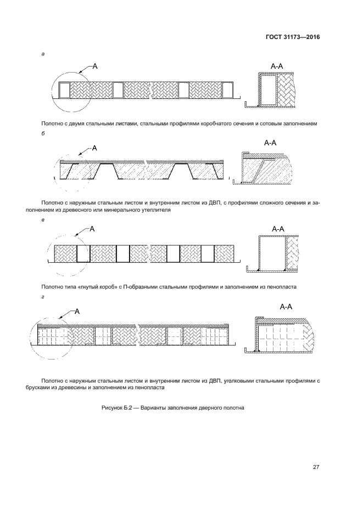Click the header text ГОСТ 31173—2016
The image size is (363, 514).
pos(293,37)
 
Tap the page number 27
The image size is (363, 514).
pos(316,467)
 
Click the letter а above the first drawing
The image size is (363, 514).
pos(43,54)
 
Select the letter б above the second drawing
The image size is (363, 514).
pos(43,134)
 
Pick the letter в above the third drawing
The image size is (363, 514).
pos(43,220)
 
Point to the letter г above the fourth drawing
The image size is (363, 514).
pos(43,297)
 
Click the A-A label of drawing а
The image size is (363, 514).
pos(277,66)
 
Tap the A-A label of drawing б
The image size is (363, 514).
pos(270,142)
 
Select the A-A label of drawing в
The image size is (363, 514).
pos(278,229)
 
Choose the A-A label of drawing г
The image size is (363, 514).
pos(286,307)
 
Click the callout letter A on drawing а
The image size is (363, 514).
pos(95,66)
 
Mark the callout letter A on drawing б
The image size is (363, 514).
pos(94,148)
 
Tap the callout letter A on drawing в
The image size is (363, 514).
pos(92,229)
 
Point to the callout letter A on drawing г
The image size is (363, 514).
pos(77,311)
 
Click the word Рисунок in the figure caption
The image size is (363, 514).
pos(112,408)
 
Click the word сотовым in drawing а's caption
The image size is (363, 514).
pos(269,124)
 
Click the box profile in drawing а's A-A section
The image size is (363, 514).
pos(269,90)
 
